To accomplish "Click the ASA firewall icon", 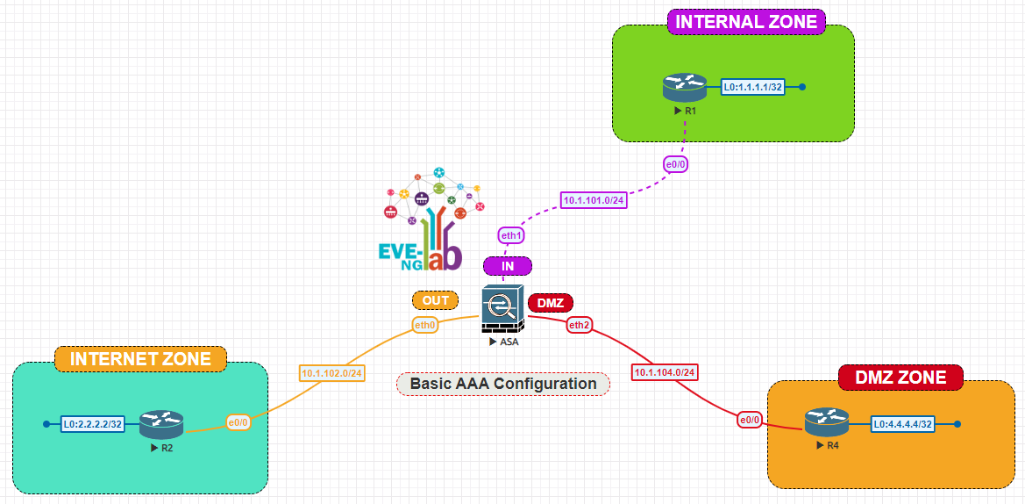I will point(502,306).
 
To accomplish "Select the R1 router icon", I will point(684,87).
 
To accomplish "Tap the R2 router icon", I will point(160,425).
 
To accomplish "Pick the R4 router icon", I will point(826,423).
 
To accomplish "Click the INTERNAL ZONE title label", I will point(746,22).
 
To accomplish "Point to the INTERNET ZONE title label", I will point(140,359).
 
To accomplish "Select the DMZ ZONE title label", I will point(900,378).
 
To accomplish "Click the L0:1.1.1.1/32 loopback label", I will point(752,87).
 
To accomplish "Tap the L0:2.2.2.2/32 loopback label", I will point(93,425).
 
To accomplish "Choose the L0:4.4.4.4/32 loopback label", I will point(902,424).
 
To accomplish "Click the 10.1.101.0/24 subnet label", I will point(594,200).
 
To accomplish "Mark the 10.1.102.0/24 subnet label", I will point(332,373).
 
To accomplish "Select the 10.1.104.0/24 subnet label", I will point(665,372).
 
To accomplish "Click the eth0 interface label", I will point(425,325).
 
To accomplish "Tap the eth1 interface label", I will point(511,235).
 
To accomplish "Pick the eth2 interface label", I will point(579,325).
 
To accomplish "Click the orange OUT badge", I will point(435,300).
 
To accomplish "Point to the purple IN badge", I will point(508,266).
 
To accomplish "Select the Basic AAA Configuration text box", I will point(503,384).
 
